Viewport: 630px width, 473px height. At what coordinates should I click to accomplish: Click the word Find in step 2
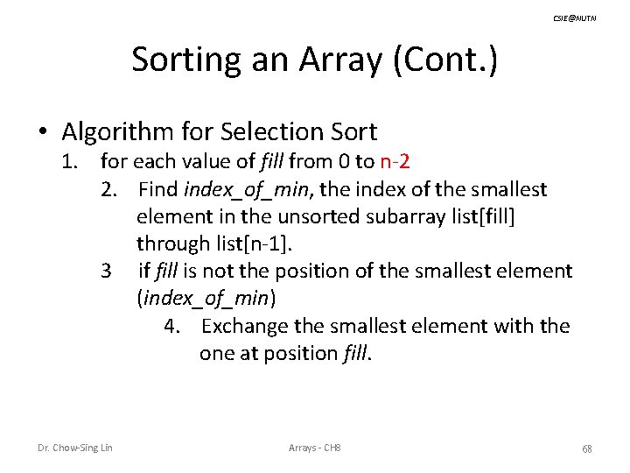point(157,189)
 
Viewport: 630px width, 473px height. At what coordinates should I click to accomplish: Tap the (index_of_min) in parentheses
point(206,299)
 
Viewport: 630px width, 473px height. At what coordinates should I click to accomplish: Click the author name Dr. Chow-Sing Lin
point(75,448)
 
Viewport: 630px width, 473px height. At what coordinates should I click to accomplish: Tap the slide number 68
point(587,448)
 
